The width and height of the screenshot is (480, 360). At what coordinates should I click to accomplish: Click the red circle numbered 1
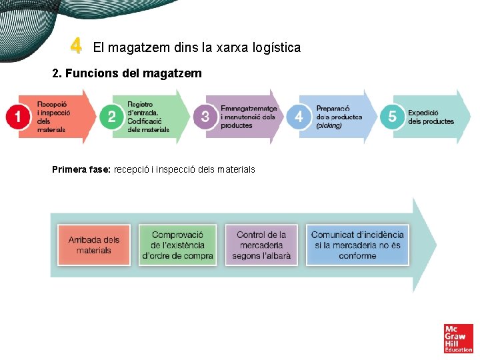18,117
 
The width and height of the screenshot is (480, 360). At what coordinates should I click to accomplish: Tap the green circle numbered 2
111,117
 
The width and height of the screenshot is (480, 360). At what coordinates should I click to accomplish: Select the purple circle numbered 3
205,117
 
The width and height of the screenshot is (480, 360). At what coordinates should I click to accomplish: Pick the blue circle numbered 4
298,117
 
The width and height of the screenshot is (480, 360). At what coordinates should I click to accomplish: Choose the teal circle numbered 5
392,117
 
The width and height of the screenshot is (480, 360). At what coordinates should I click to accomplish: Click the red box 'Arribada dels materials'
93,245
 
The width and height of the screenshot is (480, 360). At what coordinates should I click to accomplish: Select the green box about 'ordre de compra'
177,245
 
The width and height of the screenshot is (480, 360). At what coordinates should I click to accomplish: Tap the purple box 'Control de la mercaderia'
261,245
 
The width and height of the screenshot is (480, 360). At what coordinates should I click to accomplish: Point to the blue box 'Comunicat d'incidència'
357,245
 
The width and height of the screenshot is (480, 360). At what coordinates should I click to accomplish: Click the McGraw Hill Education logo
458,338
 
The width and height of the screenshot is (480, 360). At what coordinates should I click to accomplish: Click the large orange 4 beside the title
77,47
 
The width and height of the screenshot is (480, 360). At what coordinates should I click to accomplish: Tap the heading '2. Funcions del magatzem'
127,73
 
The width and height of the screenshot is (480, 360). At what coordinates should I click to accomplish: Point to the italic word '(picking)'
329,125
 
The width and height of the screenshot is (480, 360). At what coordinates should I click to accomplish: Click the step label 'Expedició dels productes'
431,117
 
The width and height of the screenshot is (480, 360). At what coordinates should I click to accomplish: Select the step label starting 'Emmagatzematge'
248,117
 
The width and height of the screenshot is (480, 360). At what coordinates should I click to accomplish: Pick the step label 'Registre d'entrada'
148,117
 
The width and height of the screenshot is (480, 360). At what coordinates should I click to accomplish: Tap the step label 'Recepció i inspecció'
53,117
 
